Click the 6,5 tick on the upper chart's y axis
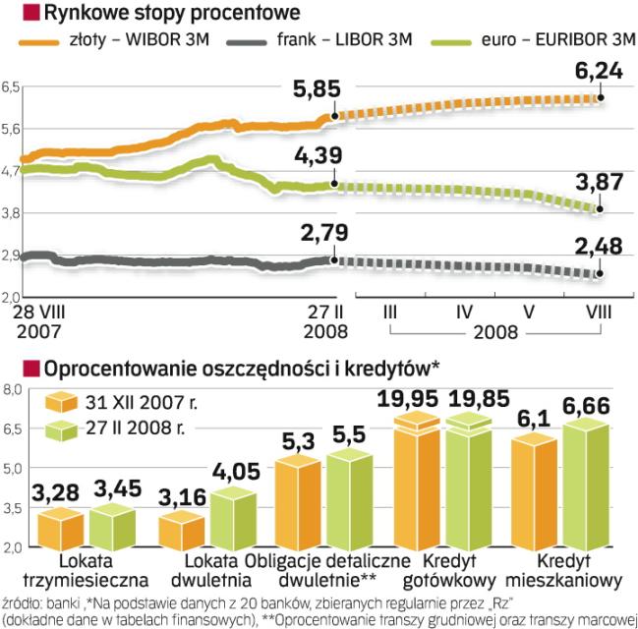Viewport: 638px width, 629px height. click(11, 88)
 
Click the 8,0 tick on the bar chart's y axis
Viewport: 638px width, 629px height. click(11, 391)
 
